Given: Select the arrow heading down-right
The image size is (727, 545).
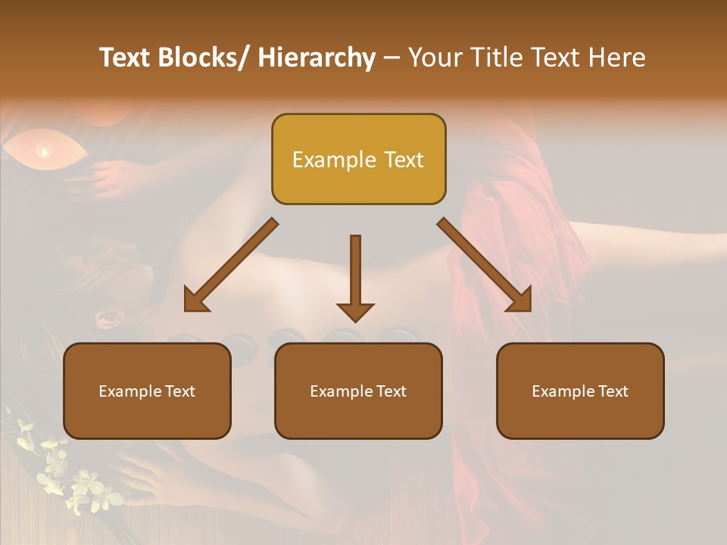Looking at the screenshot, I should point(485,265).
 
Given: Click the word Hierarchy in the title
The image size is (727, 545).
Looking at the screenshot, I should point(317,58).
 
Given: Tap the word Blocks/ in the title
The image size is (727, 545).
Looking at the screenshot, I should point(201,58).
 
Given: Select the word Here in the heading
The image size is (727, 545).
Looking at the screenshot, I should point(617,58).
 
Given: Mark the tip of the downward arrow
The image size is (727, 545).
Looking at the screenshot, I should point(355,321).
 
